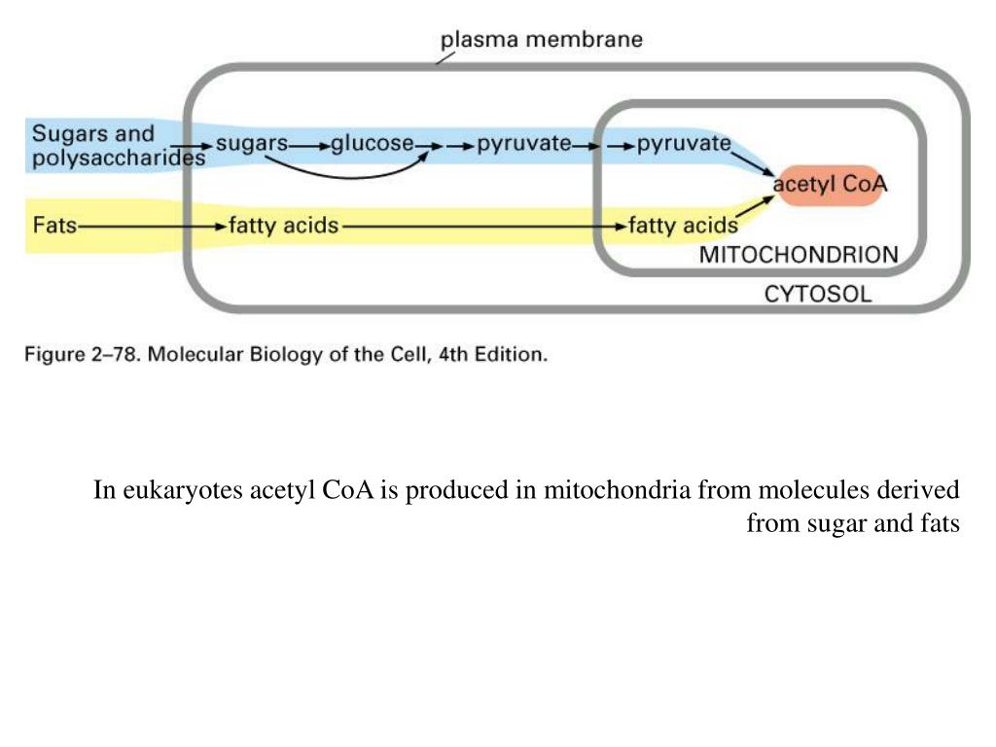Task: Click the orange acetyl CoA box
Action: [x=831, y=183]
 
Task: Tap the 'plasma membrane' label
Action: [x=541, y=40]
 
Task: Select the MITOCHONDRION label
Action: [x=799, y=256]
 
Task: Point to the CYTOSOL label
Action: [x=817, y=293]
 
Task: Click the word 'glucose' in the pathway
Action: [x=373, y=144]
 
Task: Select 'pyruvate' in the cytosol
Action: [x=523, y=144]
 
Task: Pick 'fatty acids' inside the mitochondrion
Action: [x=683, y=226]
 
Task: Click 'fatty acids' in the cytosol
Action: [x=283, y=226]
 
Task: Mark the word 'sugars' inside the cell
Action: [x=251, y=144]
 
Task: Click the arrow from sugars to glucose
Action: [x=309, y=145]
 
